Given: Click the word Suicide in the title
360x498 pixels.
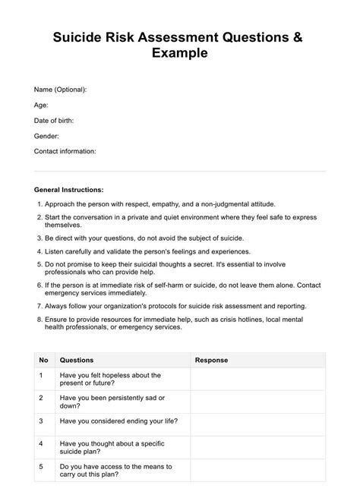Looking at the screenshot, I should [x=79, y=39].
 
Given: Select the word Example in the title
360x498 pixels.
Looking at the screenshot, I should [x=180, y=54].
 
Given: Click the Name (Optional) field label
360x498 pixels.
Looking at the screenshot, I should [x=60, y=90].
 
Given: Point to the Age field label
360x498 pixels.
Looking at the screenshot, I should [x=41, y=105].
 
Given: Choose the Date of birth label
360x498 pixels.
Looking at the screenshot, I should [x=54, y=120].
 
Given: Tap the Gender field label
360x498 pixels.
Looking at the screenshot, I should [x=46, y=136].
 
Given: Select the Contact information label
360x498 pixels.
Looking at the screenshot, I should [x=65, y=151].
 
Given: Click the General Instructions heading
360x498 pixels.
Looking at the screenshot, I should [x=69, y=189].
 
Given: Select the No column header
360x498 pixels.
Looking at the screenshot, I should [x=43, y=360].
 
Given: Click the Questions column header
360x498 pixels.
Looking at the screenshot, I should [x=76, y=360].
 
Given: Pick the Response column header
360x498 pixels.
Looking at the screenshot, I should [x=211, y=360].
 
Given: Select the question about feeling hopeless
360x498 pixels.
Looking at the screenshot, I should [x=110, y=380].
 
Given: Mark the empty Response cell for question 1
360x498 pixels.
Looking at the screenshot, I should [x=257, y=380].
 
